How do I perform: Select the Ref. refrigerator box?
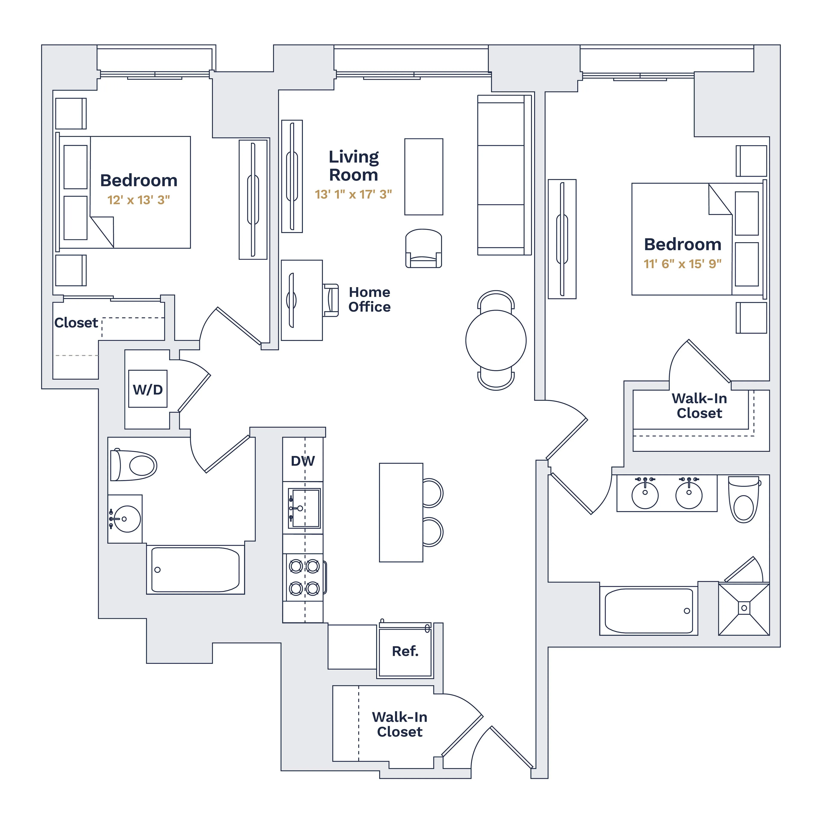(x=405, y=651)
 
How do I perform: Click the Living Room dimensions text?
(x=353, y=194)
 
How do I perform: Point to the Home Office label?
(x=369, y=299)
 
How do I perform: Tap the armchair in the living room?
(x=423, y=249)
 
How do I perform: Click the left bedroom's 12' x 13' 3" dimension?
(x=139, y=200)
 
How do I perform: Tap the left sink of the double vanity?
(x=645, y=495)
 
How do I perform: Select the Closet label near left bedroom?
(x=76, y=323)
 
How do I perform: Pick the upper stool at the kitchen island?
(x=432, y=493)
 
